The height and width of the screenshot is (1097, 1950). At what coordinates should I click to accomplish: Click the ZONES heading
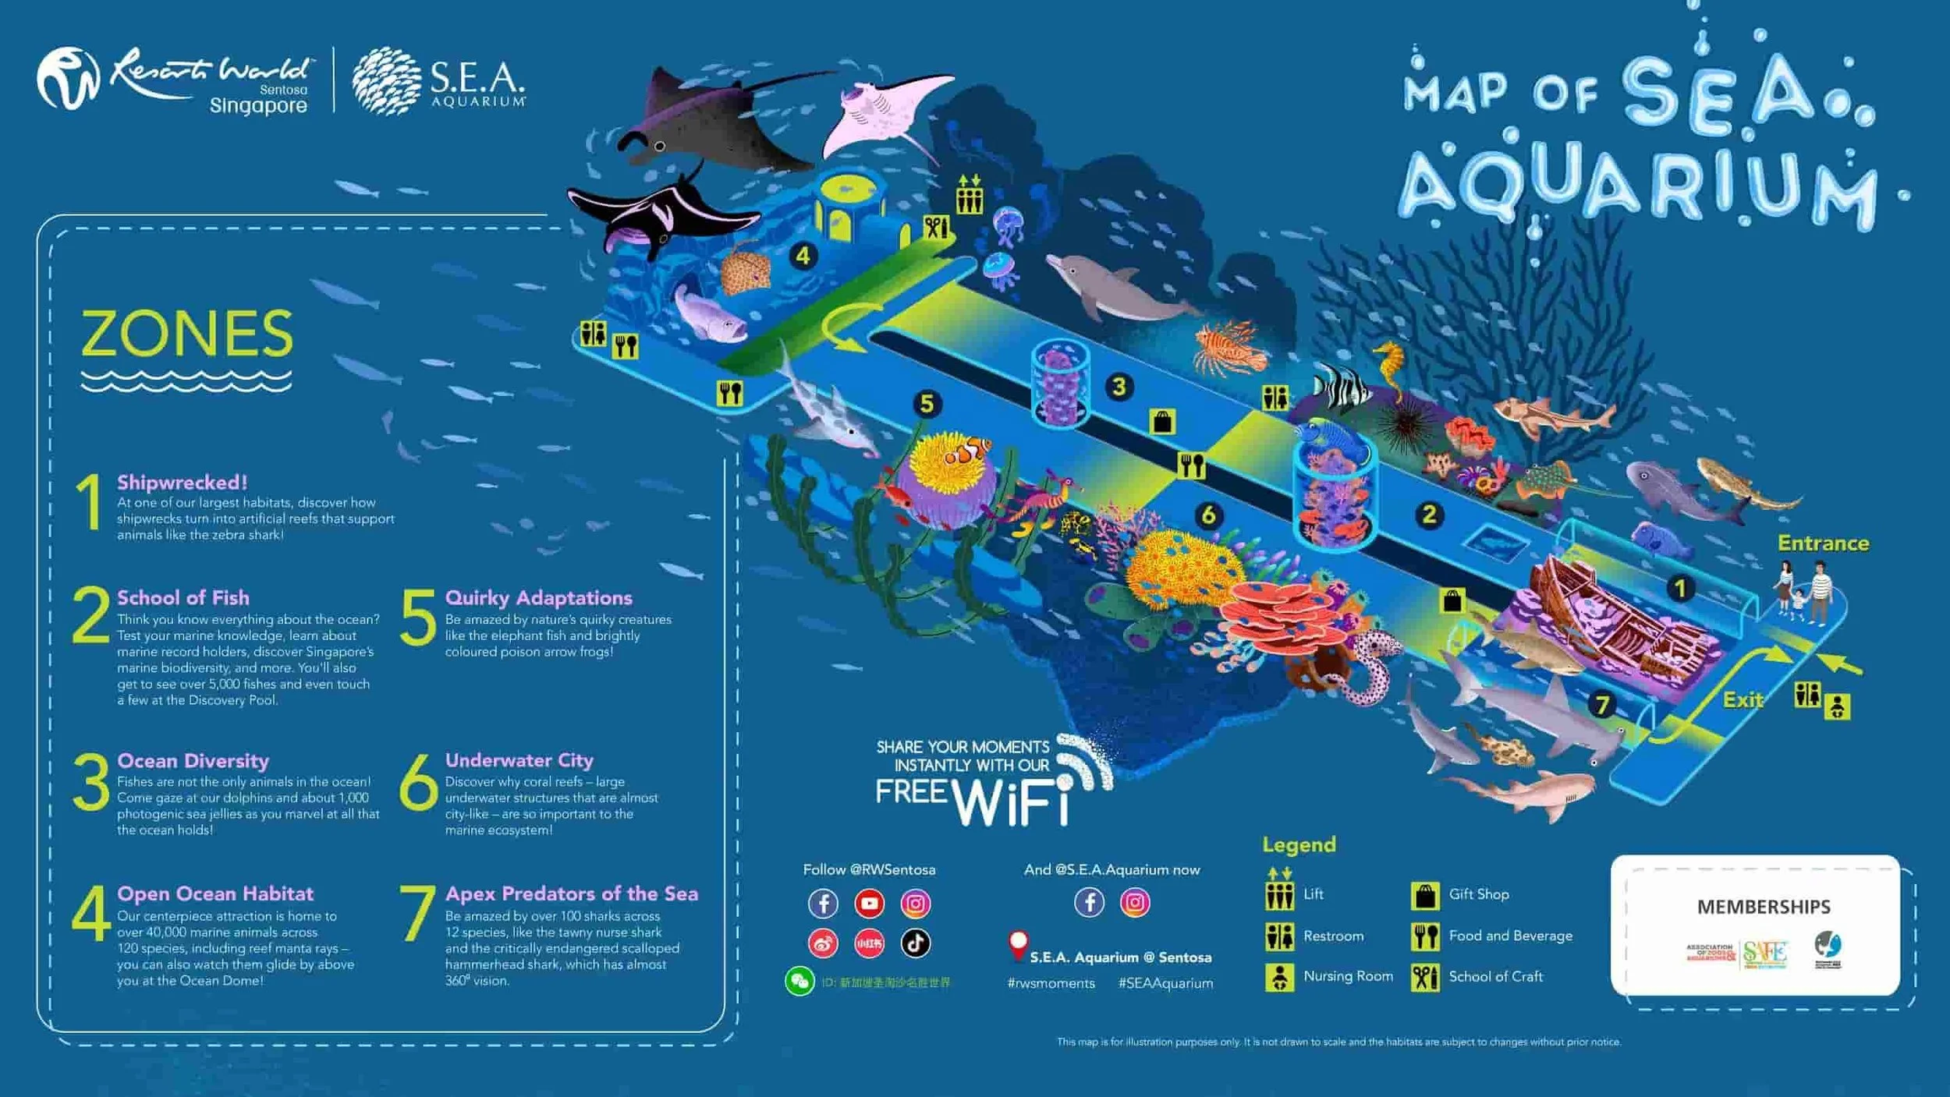pos(187,334)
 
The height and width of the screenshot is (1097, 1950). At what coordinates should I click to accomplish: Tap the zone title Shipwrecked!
pos(182,483)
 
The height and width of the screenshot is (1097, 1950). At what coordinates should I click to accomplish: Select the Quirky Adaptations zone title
pos(538,598)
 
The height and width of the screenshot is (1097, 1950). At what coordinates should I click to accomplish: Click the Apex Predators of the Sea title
pos(571,894)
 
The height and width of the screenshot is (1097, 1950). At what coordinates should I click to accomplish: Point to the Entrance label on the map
pos(1823,543)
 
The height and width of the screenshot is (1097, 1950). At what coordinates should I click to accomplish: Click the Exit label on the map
pos(1743,700)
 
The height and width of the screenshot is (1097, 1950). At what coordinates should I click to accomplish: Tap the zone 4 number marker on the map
pos(803,256)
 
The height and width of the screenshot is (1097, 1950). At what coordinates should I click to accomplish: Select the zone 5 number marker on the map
pos(927,404)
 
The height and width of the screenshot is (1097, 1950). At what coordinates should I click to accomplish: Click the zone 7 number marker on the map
pos(1602,706)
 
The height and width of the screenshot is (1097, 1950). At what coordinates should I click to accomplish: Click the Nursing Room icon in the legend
pos(1279,977)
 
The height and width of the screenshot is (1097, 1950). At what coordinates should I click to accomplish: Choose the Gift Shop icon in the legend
pos(1425,896)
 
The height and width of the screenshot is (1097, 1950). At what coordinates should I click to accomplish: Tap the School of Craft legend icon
pos(1425,977)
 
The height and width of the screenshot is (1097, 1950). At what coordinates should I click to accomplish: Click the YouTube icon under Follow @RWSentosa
pos(869,904)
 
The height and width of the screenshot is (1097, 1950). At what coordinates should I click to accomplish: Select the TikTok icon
pos(915,943)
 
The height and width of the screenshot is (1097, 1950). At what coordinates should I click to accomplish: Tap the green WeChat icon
pos(799,982)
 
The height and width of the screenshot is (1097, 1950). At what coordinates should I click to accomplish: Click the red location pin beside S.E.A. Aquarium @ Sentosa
pos(1018,946)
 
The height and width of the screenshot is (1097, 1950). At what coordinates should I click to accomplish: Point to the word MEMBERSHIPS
pos(1764,907)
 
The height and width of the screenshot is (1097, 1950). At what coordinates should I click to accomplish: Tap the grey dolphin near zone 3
pos(1115,288)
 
